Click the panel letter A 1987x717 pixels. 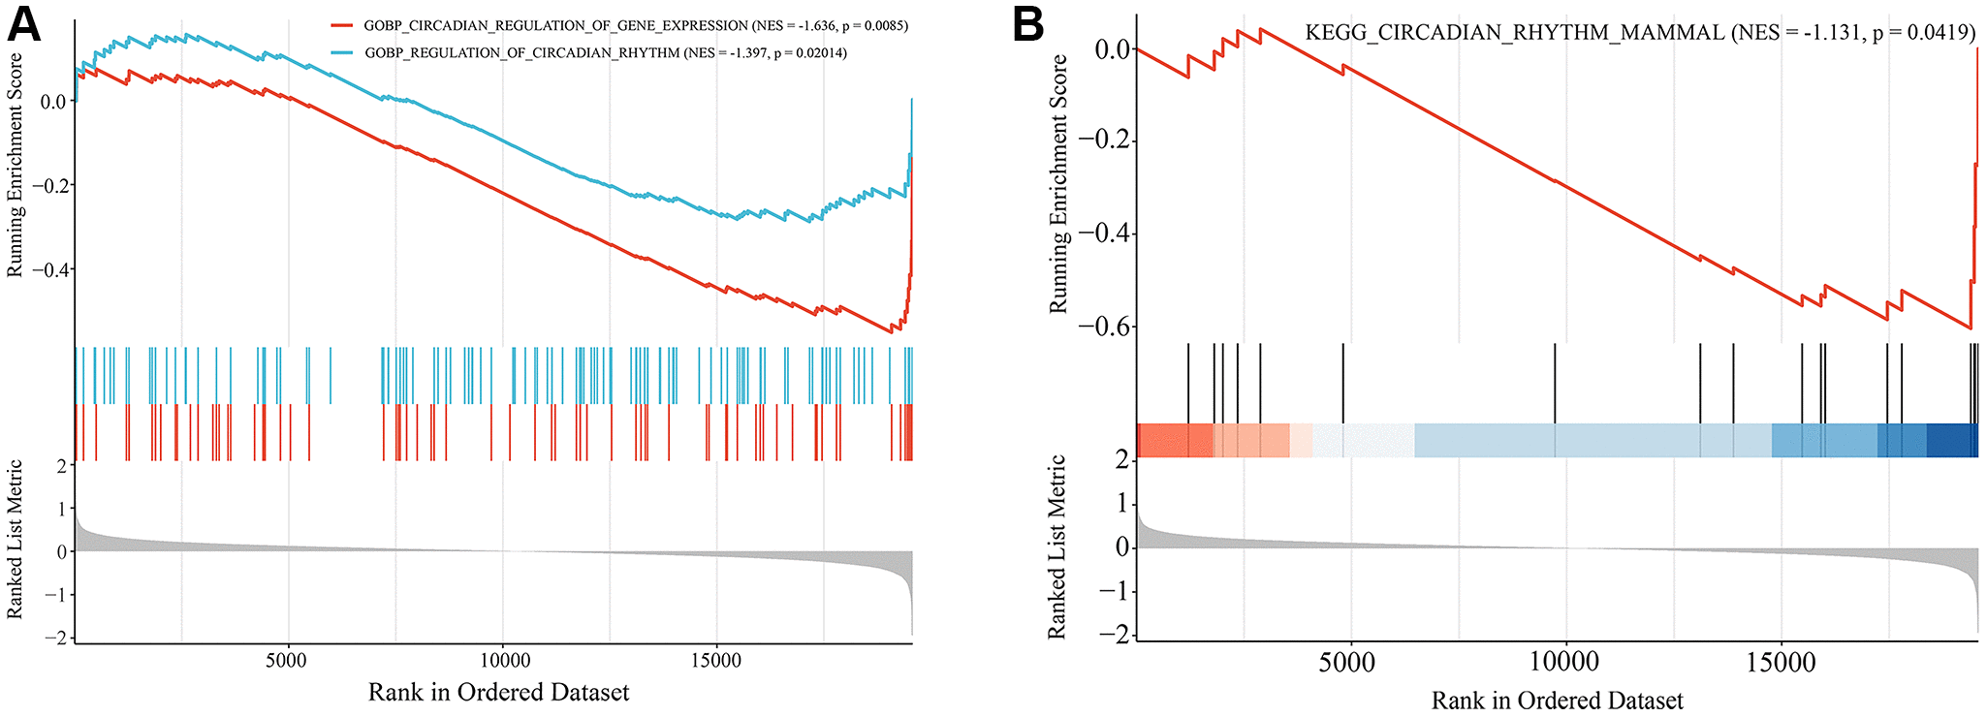(24, 24)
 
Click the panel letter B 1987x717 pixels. (1028, 24)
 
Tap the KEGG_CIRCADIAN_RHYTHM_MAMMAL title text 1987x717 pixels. (1514, 32)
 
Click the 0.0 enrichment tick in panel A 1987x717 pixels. (52, 102)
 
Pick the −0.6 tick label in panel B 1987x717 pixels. (1104, 327)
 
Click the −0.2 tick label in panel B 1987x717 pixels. (1104, 141)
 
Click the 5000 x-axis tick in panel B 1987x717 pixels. (1347, 663)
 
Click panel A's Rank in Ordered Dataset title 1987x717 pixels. (498, 693)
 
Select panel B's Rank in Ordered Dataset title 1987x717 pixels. (1557, 701)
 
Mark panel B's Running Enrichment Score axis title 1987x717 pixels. (1058, 184)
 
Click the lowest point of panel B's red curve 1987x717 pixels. (1971, 328)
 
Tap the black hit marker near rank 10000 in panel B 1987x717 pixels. (1555, 383)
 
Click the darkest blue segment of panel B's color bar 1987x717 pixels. (1951, 440)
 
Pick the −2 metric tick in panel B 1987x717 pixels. (1120, 635)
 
